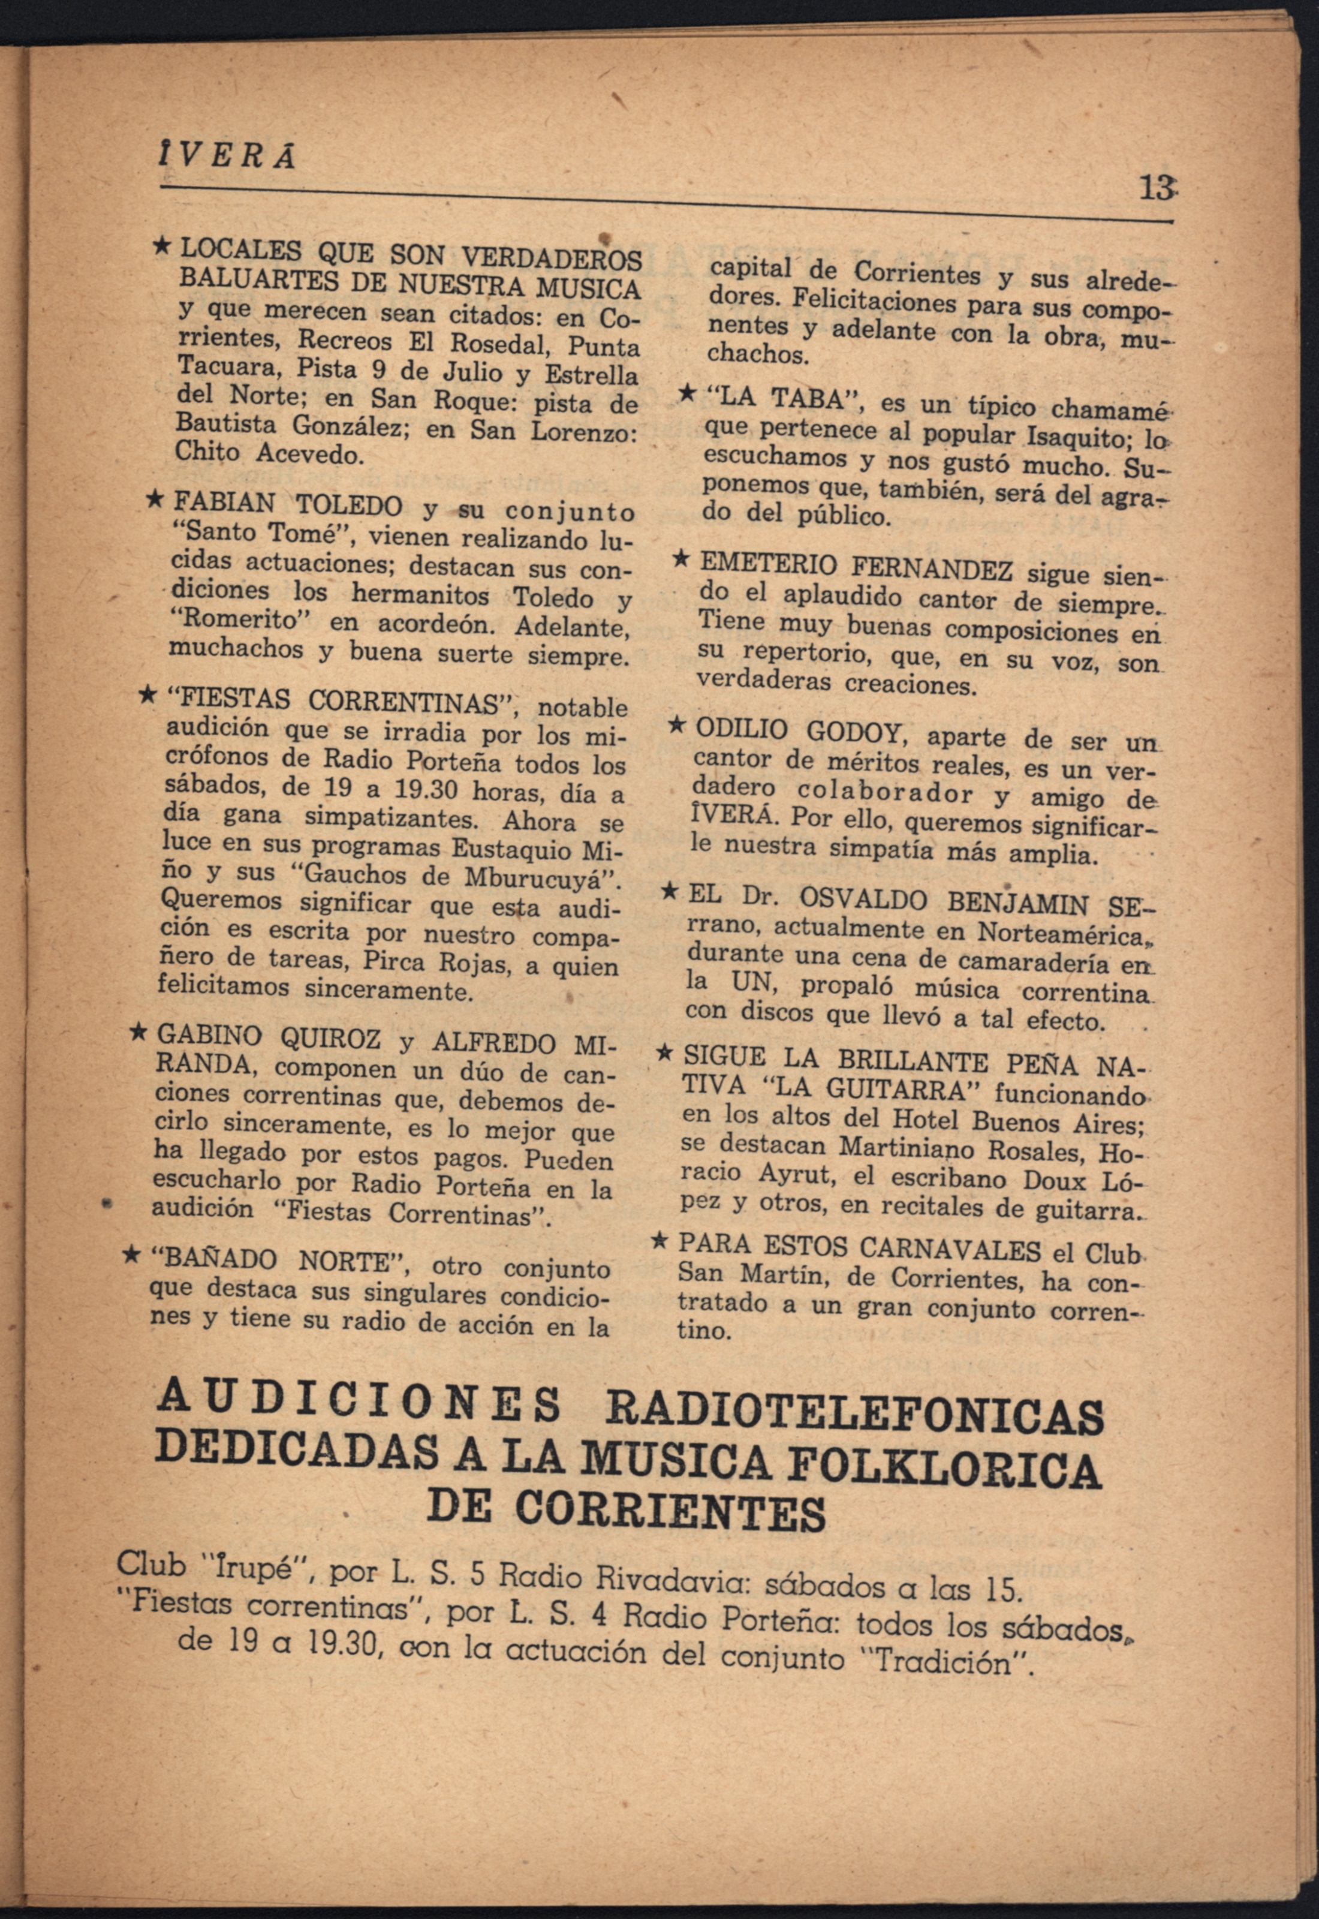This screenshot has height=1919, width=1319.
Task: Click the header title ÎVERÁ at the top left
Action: tap(225, 155)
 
